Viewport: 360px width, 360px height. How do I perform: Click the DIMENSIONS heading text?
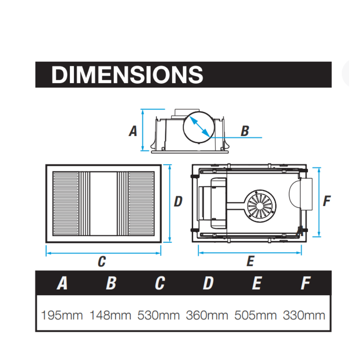[127, 75]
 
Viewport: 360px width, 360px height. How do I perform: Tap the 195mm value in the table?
[62, 316]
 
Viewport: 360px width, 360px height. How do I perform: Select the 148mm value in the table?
[110, 316]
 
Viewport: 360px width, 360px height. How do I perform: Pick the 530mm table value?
[158, 316]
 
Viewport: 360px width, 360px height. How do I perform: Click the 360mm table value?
[207, 316]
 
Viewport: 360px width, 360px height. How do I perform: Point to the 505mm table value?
[256, 316]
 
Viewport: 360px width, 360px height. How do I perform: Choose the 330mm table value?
[304, 316]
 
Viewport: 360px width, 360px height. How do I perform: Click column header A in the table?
[62, 283]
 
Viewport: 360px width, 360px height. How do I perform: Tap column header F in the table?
[305, 283]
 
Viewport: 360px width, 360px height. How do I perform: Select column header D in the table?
[208, 283]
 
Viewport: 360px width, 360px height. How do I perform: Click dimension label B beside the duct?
[245, 131]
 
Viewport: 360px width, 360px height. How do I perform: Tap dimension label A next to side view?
[133, 131]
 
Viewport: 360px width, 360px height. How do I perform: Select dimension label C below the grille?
[102, 261]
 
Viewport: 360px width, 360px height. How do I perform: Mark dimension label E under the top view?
[250, 261]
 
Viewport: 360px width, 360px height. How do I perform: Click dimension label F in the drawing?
[327, 201]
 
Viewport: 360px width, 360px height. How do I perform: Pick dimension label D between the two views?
[178, 202]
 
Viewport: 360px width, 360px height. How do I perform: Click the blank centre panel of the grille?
[103, 203]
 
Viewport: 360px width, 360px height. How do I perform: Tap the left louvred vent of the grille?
[66, 203]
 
